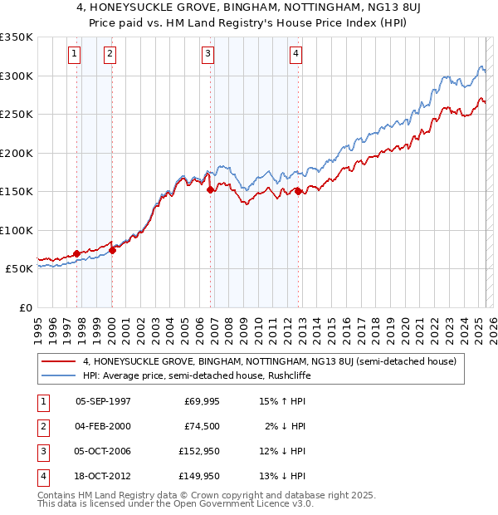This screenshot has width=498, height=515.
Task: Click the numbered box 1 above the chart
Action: tap(75, 55)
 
